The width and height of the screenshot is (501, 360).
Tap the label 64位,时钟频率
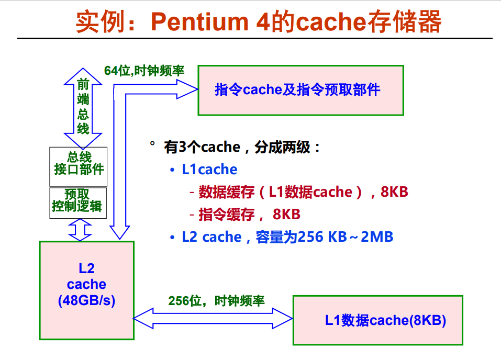(144, 71)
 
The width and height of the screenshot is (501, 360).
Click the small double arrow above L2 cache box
(81, 230)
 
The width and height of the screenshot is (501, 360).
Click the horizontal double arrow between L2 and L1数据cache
(212, 318)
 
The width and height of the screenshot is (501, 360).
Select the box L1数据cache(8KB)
(377, 320)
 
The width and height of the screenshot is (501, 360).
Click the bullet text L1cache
(209, 170)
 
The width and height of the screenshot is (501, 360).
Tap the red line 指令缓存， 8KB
(249, 215)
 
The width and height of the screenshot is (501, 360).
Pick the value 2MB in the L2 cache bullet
(376, 237)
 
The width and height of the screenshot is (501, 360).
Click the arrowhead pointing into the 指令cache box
(188, 90)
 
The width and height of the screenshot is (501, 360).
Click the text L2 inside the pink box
(86, 268)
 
